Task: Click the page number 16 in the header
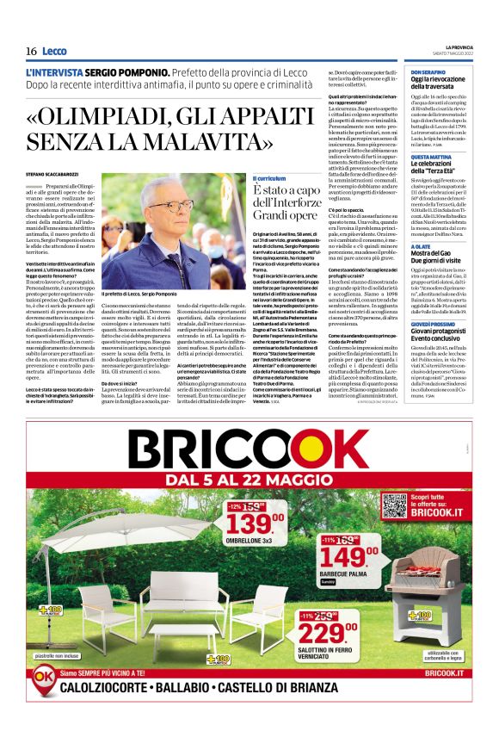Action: (31, 52)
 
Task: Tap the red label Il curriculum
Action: (268, 177)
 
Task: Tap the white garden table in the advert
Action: (184, 636)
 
